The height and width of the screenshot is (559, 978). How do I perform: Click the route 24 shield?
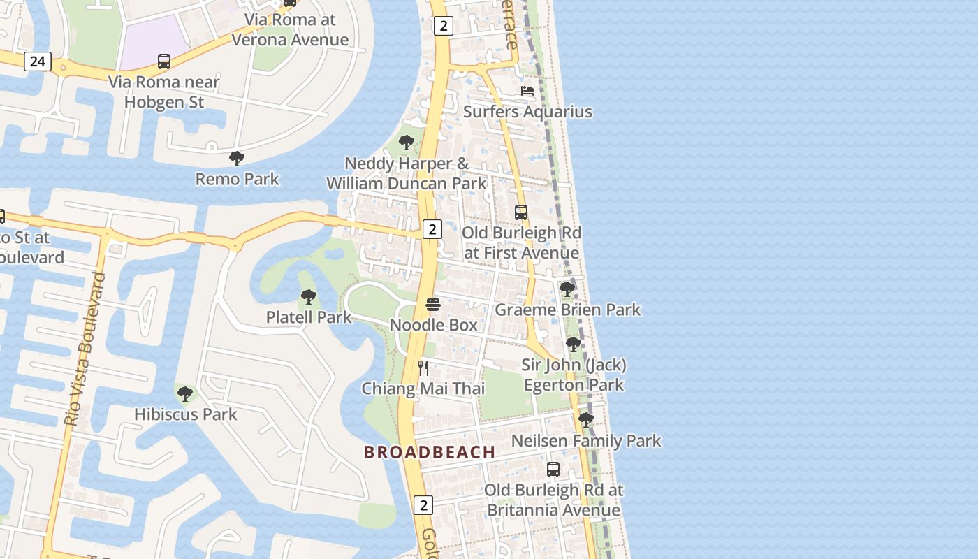[x=38, y=61]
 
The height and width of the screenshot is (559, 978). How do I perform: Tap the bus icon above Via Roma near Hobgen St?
[x=164, y=61]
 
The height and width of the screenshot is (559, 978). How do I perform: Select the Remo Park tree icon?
[x=237, y=159]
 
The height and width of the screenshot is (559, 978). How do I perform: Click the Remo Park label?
[x=237, y=179]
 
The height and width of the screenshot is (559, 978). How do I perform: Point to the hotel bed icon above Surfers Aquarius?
[x=527, y=91]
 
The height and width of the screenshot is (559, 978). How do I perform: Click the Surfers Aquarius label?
[x=527, y=112]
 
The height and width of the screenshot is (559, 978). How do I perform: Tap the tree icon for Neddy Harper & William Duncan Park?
[x=406, y=143]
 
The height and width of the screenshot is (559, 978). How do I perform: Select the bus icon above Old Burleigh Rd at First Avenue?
[x=521, y=212]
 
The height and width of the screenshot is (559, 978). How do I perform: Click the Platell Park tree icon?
[x=308, y=297]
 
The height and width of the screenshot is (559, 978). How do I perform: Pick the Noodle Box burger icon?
[x=433, y=305]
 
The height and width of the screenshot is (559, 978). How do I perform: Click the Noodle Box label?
[x=433, y=325]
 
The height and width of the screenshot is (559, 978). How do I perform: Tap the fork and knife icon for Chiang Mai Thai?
[x=423, y=368]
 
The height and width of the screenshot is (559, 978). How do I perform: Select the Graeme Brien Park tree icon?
[x=567, y=289]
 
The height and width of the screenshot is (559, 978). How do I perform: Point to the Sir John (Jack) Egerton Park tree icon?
[x=574, y=344]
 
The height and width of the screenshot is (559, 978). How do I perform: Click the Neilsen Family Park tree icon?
[x=586, y=420]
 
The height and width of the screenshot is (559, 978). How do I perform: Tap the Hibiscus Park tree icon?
[x=185, y=394]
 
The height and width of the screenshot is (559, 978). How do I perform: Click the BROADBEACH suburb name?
[x=430, y=452]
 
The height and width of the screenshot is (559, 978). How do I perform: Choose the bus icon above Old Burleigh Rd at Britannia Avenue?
[x=553, y=470]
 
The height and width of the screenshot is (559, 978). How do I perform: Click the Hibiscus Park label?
[x=186, y=414]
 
